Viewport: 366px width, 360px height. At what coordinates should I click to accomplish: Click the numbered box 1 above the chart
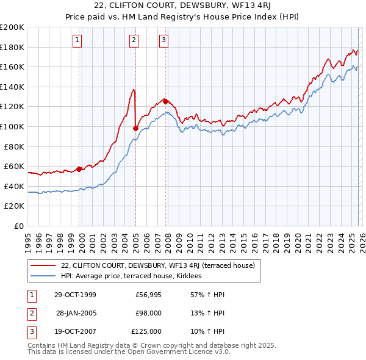tap(78, 41)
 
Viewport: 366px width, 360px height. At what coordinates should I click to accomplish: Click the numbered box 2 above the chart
tap(134, 41)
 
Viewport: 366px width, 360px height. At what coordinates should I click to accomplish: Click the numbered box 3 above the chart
tap(164, 41)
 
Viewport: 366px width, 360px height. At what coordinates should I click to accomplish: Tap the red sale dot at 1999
tap(79, 169)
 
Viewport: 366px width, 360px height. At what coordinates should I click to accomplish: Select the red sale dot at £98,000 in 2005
tap(135, 129)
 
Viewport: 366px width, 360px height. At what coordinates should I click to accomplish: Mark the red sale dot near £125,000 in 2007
tap(165, 101)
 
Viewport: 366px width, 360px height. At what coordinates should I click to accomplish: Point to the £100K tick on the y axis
tap(13, 126)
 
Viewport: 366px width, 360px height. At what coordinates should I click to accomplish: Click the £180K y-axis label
tap(13, 47)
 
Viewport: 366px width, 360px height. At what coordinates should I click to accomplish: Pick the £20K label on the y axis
tap(15, 206)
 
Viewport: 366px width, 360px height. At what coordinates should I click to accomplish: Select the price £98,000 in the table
tap(148, 313)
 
